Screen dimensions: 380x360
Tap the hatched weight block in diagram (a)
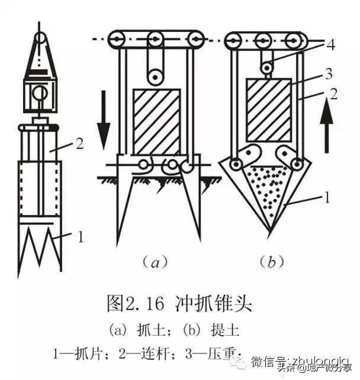coord(156,121)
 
